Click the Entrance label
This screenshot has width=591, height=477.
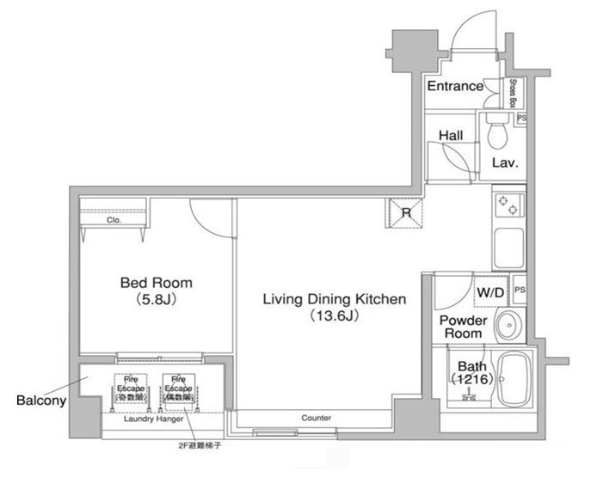click(454, 86)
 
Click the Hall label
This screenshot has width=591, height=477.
click(451, 136)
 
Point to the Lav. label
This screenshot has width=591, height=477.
click(504, 162)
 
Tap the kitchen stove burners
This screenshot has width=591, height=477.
click(507, 207)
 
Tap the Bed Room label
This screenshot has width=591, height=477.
click(156, 282)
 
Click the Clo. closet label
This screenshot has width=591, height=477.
click(114, 220)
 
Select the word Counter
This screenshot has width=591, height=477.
click(317, 418)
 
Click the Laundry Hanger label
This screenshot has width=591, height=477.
click(151, 419)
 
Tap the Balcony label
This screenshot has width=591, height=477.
click(38, 400)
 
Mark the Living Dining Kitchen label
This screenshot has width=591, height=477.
click(334, 299)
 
